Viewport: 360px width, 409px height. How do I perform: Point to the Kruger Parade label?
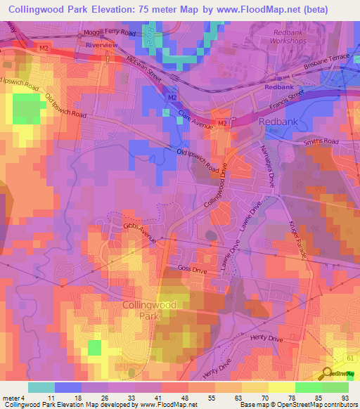click(x=299, y=243)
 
